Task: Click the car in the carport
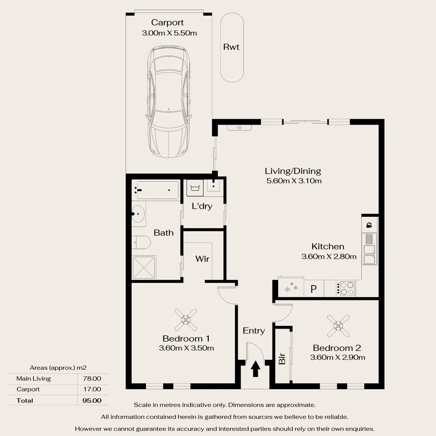tap(168, 102)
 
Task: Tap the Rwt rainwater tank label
tap(231, 47)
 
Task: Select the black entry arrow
tap(255, 369)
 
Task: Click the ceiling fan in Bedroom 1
tap(185, 320)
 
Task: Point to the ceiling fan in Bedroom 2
tap(338, 326)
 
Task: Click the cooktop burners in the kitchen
tap(347, 288)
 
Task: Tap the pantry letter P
tap(313, 289)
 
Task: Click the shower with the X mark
tap(144, 268)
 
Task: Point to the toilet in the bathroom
tap(141, 243)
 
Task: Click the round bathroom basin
tap(138, 214)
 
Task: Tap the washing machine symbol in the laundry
tap(195, 188)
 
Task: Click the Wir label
tap(202, 259)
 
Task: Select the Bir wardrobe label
tap(282, 359)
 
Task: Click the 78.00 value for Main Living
tap(92, 378)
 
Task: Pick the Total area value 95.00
tap(92, 400)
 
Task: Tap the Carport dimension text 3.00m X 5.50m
tap(169, 33)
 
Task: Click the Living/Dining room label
tap(293, 171)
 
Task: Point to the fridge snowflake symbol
tap(291, 287)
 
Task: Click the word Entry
tap(254, 331)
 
